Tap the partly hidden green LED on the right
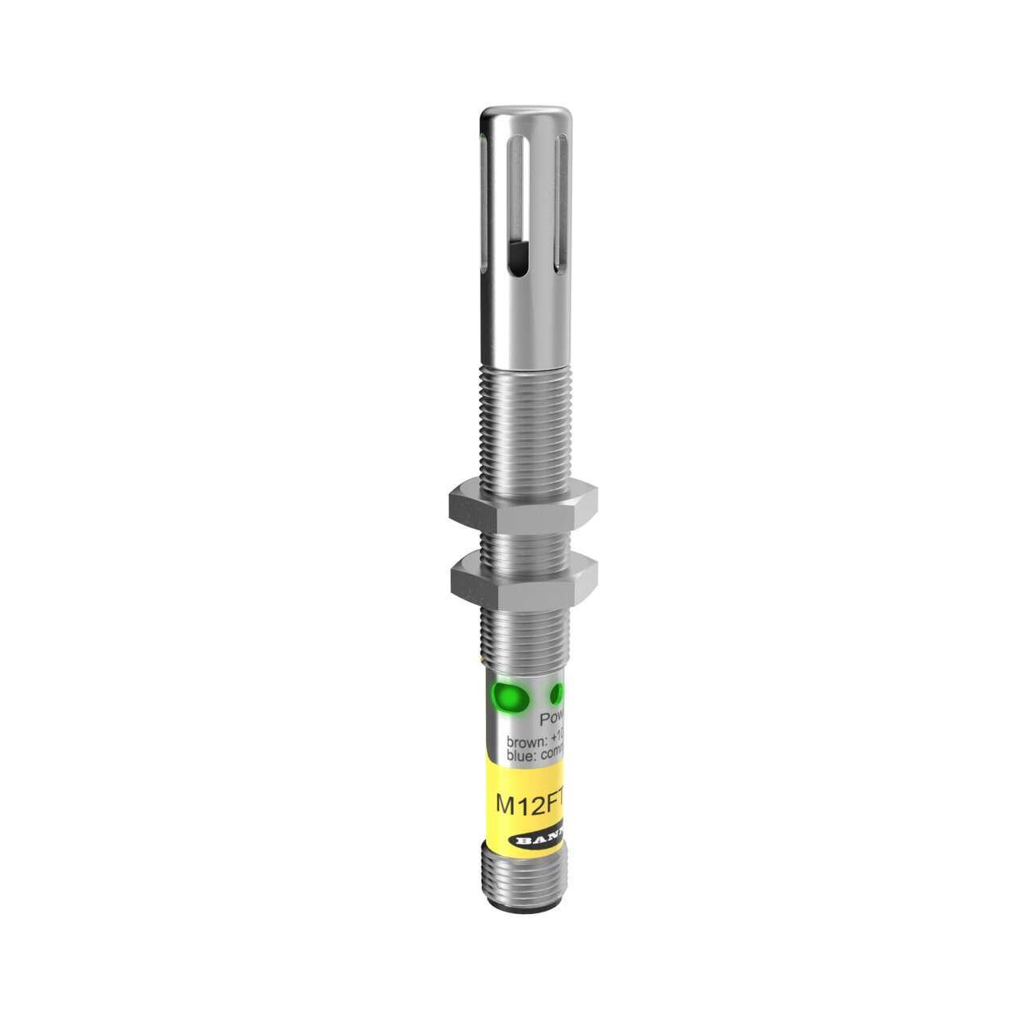[559, 691]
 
